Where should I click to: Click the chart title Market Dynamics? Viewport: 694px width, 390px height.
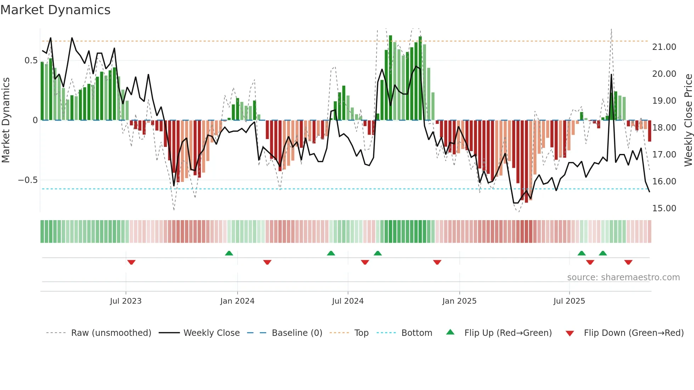tap(55, 10)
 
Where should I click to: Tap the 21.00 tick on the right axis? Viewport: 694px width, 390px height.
tap(664, 47)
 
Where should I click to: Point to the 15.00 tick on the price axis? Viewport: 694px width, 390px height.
tap(664, 208)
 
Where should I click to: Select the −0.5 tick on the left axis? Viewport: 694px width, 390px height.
tap(28, 180)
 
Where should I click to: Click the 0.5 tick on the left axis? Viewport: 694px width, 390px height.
tap(31, 61)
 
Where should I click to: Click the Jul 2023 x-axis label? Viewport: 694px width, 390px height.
tap(125, 301)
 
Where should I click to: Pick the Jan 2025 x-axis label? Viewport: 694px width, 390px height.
tap(459, 301)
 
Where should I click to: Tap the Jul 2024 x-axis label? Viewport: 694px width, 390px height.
tap(348, 301)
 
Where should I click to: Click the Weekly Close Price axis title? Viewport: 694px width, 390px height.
tap(688, 120)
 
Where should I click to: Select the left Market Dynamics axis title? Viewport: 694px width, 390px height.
tap(6, 120)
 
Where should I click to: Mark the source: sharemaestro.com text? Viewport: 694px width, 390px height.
tap(623, 277)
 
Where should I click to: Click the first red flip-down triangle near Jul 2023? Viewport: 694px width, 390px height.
tap(131, 262)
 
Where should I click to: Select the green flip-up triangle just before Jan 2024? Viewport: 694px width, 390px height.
tap(229, 253)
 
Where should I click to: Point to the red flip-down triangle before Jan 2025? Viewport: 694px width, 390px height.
tap(437, 262)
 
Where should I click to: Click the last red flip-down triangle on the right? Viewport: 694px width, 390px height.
tap(628, 262)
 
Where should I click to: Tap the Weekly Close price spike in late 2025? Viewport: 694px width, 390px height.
tap(611, 75)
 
